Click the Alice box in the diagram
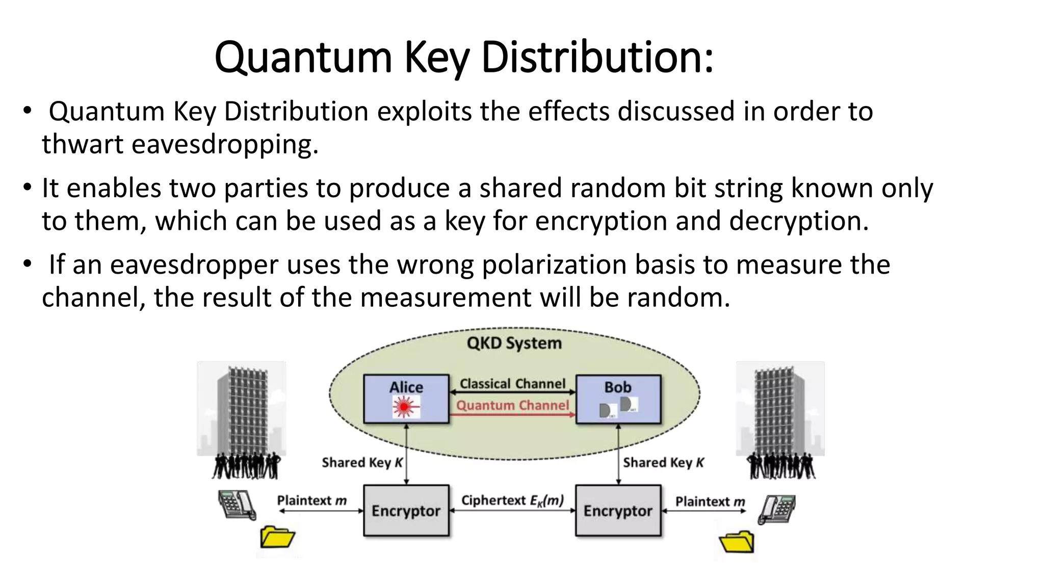[x=406, y=399]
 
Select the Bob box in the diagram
[x=618, y=399]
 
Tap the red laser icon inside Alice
[x=405, y=408]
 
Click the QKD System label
[x=514, y=343]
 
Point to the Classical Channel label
[x=512, y=383]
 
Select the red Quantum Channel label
[x=512, y=405]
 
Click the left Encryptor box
[x=406, y=511]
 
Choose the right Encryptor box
[x=618, y=511]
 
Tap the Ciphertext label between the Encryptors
[x=512, y=500]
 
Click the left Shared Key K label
[x=362, y=463]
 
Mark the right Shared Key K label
[x=663, y=463]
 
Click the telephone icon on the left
[x=236, y=504]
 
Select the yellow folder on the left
[x=277, y=537]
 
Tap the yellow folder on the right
[x=737, y=542]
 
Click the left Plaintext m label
[x=311, y=500]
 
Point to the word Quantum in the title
[x=303, y=57]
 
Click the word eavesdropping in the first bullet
[x=224, y=144]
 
